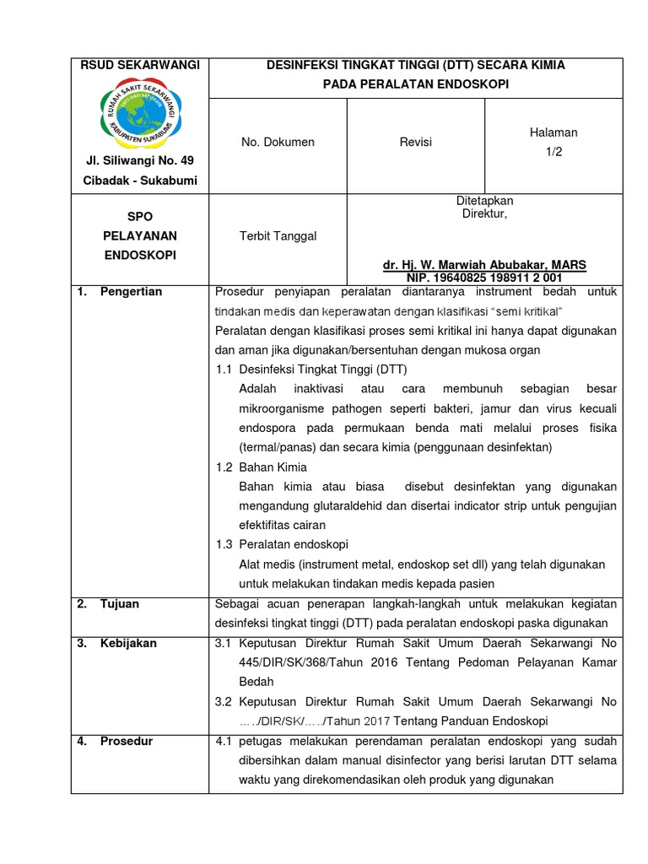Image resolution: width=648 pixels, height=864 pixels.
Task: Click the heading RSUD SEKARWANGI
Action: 139,65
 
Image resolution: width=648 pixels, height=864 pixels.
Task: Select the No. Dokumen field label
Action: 278,143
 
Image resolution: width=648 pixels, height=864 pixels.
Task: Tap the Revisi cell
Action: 415,143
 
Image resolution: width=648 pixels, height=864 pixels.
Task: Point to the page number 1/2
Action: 553,150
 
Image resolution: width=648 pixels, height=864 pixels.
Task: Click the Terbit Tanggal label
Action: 278,236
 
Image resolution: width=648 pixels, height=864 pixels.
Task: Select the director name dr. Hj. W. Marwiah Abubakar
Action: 484,265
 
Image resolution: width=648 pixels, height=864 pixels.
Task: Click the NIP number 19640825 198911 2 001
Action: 484,277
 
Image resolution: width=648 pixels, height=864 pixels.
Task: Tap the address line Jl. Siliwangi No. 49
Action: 139,161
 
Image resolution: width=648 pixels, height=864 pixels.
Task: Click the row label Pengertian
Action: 131,292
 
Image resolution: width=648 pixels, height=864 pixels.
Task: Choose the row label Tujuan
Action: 120,604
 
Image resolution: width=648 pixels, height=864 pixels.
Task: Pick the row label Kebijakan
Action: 128,643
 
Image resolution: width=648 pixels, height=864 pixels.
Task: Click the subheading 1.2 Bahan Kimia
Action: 261,467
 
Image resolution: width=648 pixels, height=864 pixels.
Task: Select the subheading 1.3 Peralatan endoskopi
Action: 282,544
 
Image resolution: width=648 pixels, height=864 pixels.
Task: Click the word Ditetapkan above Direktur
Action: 484,201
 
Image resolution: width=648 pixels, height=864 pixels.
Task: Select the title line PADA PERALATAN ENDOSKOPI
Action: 415,84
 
